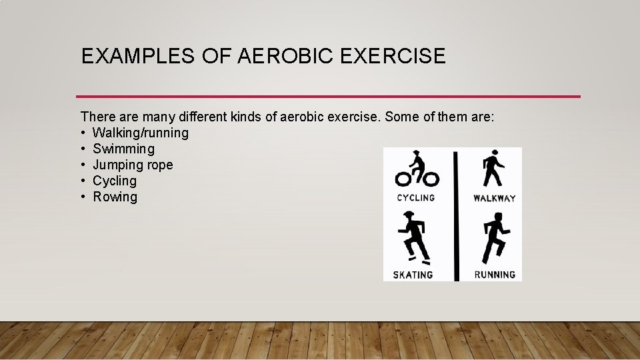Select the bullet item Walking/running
point(140,133)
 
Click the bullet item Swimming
point(123,149)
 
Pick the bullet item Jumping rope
point(133,165)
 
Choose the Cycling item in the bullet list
point(114,181)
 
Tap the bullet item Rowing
point(115,197)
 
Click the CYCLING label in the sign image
point(415,198)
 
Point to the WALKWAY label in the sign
point(494,198)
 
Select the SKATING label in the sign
point(413,275)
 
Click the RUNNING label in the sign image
point(495,275)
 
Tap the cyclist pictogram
point(417,169)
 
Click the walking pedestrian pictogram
point(493,169)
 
